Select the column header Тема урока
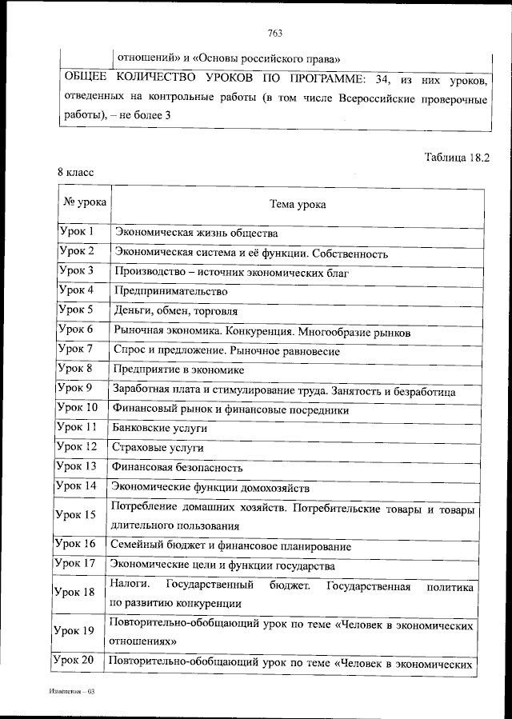coord(298,205)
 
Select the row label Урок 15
coord(78,515)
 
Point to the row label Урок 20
coord(77,660)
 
